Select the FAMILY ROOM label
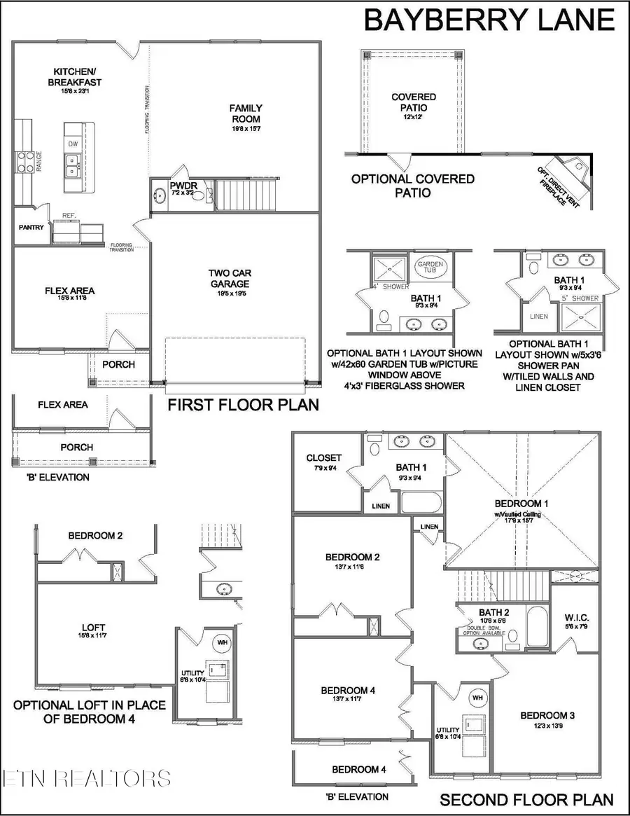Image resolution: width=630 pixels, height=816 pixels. (x=246, y=113)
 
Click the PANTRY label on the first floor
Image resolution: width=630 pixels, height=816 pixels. (x=31, y=227)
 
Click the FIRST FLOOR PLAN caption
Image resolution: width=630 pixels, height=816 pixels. (x=242, y=405)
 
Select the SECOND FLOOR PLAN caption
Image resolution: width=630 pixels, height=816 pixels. (x=526, y=799)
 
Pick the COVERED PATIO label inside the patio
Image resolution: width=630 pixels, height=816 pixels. (x=413, y=102)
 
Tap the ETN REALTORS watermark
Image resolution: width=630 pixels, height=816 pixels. (x=86, y=777)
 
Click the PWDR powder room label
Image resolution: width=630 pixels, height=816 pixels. (x=180, y=186)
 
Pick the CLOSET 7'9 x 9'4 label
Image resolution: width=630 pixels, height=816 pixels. (x=324, y=459)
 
